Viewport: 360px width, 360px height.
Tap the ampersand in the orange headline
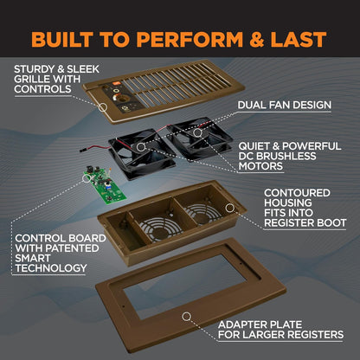[257, 40]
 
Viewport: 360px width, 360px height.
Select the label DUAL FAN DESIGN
[285, 105]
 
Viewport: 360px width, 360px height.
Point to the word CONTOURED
[297, 193]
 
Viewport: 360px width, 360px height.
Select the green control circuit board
[105, 185]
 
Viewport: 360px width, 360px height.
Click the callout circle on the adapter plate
[187, 317]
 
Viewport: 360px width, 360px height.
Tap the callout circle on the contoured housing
[229, 208]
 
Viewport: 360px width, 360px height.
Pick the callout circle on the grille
[103, 107]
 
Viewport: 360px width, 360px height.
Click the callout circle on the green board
[87, 178]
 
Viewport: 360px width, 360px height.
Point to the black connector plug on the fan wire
[84, 150]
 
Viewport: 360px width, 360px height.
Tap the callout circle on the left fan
[141, 147]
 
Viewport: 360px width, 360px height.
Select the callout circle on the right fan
[197, 132]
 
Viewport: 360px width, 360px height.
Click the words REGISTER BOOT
[305, 222]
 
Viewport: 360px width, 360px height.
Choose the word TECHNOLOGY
[51, 268]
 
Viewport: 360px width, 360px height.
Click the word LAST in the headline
[299, 40]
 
